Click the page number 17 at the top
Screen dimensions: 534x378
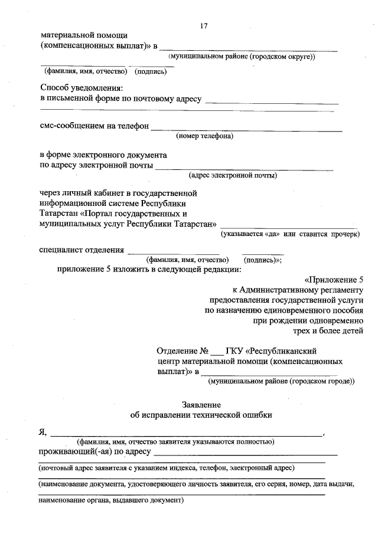pos(204,25)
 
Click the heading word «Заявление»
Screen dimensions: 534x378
pos(201,405)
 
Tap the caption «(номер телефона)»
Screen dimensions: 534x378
pos(204,136)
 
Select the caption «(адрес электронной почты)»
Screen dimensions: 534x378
pos(233,175)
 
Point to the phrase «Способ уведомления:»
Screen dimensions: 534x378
pos(77,87)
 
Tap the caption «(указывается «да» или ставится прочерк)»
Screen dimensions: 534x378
pos(290,234)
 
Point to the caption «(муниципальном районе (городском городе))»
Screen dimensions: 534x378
pos(281,381)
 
